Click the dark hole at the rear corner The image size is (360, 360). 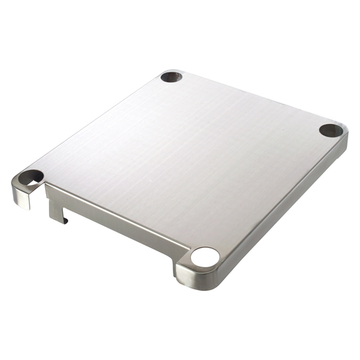[x=171, y=76]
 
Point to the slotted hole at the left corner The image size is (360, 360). [x=30, y=176]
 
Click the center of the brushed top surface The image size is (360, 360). [x=180, y=158]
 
